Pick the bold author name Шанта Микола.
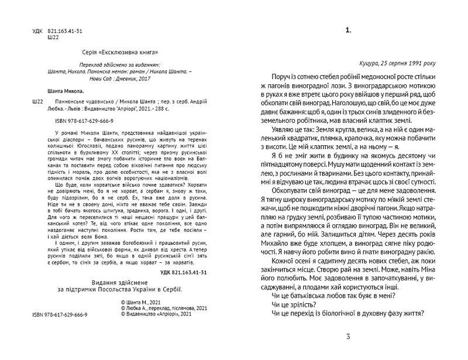[65, 91]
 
